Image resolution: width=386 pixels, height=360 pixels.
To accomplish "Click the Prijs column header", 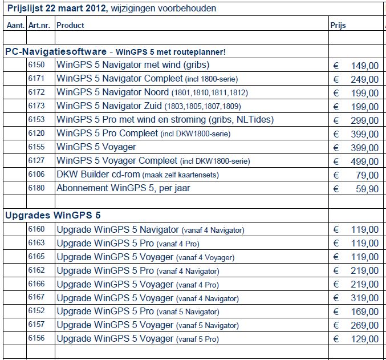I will (x=338, y=25).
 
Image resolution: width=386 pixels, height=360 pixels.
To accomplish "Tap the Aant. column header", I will (x=15, y=25).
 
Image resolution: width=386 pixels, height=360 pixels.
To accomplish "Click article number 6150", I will (x=36, y=65).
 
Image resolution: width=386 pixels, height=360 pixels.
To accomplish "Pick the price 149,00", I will (x=364, y=66).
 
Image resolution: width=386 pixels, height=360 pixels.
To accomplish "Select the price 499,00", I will (x=364, y=161).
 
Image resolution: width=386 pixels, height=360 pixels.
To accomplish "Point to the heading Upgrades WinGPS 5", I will (x=53, y=215).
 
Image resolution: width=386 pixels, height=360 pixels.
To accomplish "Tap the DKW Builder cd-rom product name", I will (x=97, y=175).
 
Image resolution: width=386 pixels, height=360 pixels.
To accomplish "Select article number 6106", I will (x=36, y=174).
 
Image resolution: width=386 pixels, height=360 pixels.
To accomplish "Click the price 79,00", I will (x=367, y=175).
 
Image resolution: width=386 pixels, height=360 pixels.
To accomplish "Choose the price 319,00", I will (x=364, y=298).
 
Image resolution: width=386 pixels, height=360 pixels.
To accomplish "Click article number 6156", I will (x=36, y=338).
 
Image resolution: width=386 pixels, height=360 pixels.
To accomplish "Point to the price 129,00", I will (x=364, y=339).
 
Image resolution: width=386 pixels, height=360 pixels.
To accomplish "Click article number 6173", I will (x=36, y=106).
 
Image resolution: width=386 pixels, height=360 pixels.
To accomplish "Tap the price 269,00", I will (x=364, y=325).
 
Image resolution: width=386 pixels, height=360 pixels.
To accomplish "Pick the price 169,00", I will (x=364, y=312).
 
